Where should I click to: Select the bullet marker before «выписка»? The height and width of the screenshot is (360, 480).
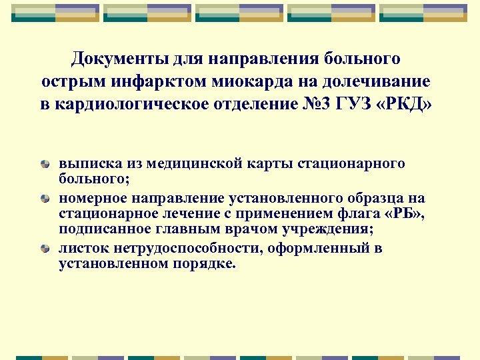[45, 164]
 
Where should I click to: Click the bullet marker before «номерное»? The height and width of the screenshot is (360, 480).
[45, 199]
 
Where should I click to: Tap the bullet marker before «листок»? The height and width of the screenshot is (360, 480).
[45, 249]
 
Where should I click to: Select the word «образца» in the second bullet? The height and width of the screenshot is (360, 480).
[374, 199]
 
